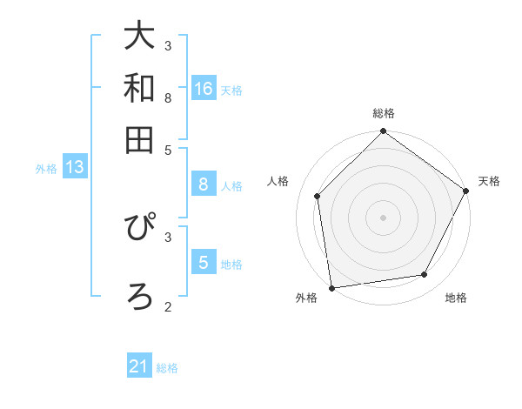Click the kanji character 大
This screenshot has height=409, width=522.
click(139, 37)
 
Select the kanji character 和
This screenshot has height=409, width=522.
click(139, 88)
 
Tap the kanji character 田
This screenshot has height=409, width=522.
click(139, 139)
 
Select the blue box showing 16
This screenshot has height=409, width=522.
click(204, 89)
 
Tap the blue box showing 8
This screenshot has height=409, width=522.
click(204, 184)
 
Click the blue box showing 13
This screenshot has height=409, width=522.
click(75, 168)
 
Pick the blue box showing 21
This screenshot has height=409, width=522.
click(139, 367)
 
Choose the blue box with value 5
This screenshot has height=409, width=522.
click(204, 263)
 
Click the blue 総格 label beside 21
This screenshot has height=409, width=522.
click(167, 368)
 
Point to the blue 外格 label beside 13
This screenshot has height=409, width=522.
click(46, 169)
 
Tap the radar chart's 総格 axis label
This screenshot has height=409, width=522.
click(383, 113)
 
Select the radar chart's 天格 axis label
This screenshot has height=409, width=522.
click(490, 181)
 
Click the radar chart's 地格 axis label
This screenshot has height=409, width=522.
click(456, 298)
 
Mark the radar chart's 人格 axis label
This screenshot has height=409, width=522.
click(278, 181)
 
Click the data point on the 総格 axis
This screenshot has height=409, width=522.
click(383, 132)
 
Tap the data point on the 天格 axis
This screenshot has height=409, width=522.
click(466, 191)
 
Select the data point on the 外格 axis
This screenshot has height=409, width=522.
click(331, 287)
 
